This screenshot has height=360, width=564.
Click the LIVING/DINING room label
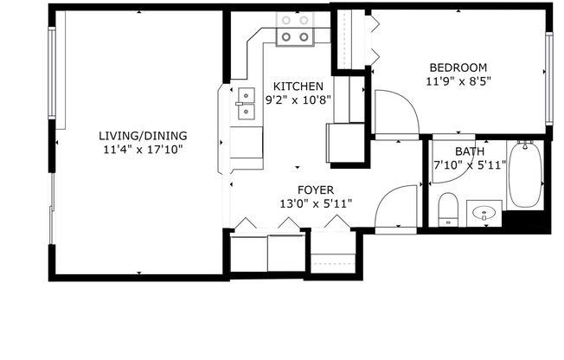coord(142,136)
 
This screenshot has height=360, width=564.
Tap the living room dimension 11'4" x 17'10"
coord(142,150)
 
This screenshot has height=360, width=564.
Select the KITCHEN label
coord(298,87)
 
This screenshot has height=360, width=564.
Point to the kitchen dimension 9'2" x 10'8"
coord(298,100)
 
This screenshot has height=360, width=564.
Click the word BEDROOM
coord(458,67)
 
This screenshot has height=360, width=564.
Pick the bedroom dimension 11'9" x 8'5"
coord(458,82)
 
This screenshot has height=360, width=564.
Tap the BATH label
coord(470,152)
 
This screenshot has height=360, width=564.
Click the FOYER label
coord(315,190)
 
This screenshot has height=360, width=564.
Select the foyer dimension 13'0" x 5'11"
coord(315,204)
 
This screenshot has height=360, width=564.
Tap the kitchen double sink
coord(245,103)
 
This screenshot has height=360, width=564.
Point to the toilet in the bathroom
coord(447,209)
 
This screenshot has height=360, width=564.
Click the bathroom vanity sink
coord(485,212)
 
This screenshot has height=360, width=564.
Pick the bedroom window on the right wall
coord(548,78)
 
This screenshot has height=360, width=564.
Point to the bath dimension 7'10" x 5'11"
coord(470,166)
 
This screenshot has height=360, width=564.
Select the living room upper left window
coord(53,74)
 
